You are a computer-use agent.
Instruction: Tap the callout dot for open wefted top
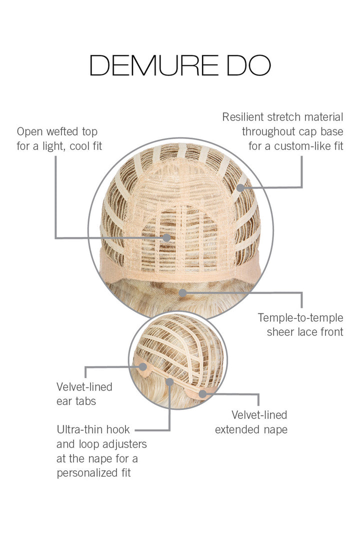166,237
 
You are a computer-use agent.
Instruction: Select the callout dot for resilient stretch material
241,187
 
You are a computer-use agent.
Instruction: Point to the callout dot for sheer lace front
183,292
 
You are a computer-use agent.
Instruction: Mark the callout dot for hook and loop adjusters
170,382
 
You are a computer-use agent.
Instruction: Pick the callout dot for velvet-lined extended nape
202,394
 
